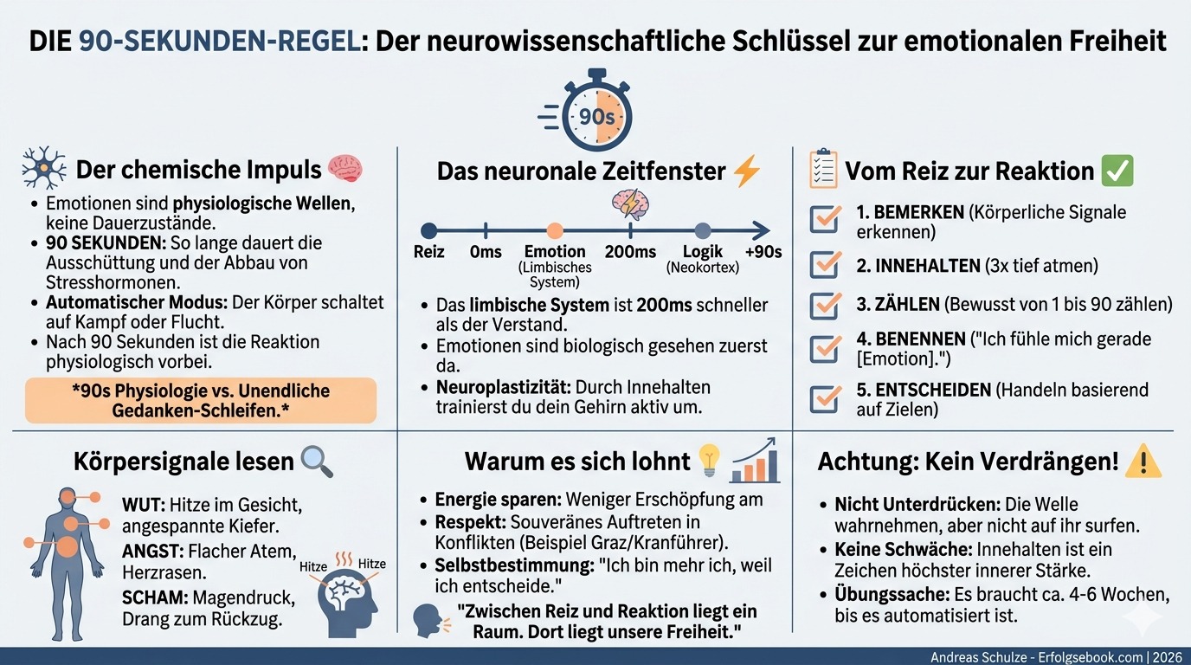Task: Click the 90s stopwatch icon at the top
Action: [595, 113]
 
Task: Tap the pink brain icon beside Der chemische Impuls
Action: [345, 168]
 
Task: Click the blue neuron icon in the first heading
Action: [43, 168]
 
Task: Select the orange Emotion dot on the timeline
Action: [555, 230]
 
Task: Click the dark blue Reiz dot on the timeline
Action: [428, 230]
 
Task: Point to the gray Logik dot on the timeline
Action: [703, 230]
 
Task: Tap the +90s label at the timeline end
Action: [763, 252]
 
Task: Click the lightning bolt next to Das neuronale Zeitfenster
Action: [746, 171]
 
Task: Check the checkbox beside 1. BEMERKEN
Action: [824, 220]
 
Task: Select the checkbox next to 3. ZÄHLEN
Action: [824, 306]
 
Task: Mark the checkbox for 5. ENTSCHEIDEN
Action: [824, 397]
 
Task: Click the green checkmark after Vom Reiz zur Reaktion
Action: [1117, 171]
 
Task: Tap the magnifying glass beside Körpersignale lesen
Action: [316, 462]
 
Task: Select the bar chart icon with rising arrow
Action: [756, 462]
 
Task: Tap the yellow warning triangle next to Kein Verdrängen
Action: [1143, 462]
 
